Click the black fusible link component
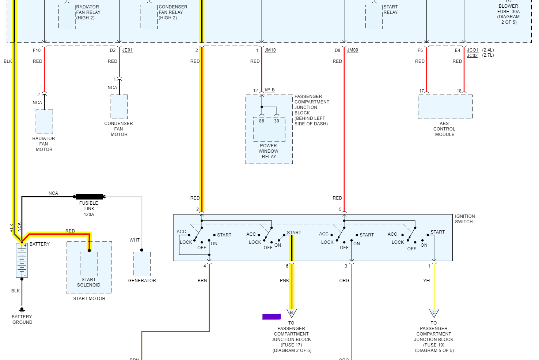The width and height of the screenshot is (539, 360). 89,197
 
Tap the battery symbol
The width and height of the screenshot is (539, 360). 22,260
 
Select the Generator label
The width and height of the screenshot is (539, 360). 142,281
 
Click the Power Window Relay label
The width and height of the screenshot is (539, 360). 269,151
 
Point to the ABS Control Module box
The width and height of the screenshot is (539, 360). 445,107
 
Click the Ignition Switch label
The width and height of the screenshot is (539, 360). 464,219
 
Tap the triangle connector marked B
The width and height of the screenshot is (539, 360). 292,313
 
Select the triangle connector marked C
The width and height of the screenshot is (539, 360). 434,313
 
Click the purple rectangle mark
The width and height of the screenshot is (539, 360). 272,317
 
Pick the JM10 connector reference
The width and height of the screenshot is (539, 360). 270,50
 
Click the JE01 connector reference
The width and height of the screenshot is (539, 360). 127,50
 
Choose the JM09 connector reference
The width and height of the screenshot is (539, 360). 352,50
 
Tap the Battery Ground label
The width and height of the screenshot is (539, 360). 22,319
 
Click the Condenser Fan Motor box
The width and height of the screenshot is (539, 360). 119,107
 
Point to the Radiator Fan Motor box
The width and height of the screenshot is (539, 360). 44,122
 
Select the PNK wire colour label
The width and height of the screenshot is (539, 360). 284,281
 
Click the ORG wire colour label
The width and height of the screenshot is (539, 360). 344,281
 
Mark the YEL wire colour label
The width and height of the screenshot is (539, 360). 427,281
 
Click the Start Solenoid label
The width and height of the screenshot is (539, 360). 89,282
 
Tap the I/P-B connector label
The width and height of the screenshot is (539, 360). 270,90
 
